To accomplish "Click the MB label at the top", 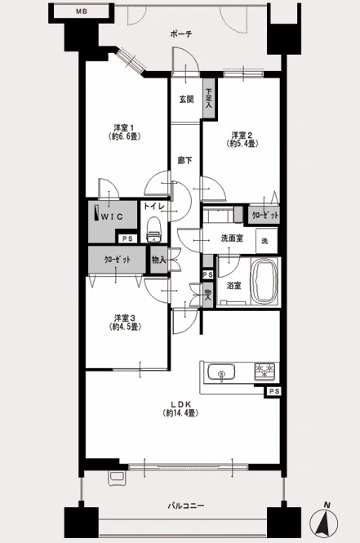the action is (82, 11).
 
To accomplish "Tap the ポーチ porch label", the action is (181, 34).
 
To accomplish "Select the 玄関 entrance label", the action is (186, 100).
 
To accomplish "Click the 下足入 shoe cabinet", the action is (208, 99).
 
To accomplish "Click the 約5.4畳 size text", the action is (242, 144).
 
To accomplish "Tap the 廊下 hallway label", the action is (184, 161).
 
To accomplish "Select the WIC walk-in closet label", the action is (112, 216).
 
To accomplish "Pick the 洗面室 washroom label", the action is (232, 238).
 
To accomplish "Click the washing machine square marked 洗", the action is (267, 240).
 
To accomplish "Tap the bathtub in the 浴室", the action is (264, 281).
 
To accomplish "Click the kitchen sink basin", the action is (221, 372).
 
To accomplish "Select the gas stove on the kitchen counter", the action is (264, 372).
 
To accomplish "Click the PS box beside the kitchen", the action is (273, 392).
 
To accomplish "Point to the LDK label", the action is (180, 404).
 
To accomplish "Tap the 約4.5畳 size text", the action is (125, 327).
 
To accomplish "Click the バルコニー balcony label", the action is (186, 506).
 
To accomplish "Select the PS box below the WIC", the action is (127, 239).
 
